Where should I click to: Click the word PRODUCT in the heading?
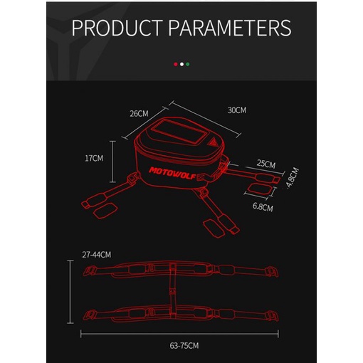[x=117, y=28]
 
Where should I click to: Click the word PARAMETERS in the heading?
[x=230, y=28]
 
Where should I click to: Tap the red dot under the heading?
[x=176, y=64]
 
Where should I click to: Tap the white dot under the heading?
[x=181, y=64]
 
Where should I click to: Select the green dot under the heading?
[x=188, y=64]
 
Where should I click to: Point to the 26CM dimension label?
[x=139, y=114]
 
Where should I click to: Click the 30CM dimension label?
[x=237, y=110]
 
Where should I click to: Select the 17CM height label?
[x=94, y=158]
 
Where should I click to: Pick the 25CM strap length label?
[x=266, y=164]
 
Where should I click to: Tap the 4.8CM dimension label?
[x=293, y=178]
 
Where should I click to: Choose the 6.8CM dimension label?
[x=263, y=207]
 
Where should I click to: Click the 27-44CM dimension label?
[x=97, y=255]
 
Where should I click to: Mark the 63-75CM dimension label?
[x=184, y=346]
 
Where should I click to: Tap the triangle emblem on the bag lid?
[x=211, y=142]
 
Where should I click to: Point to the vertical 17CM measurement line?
[x=113, y=162]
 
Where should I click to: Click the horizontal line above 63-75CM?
[x=179, y=334]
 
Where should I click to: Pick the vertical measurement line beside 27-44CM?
[x=70, y=292]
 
